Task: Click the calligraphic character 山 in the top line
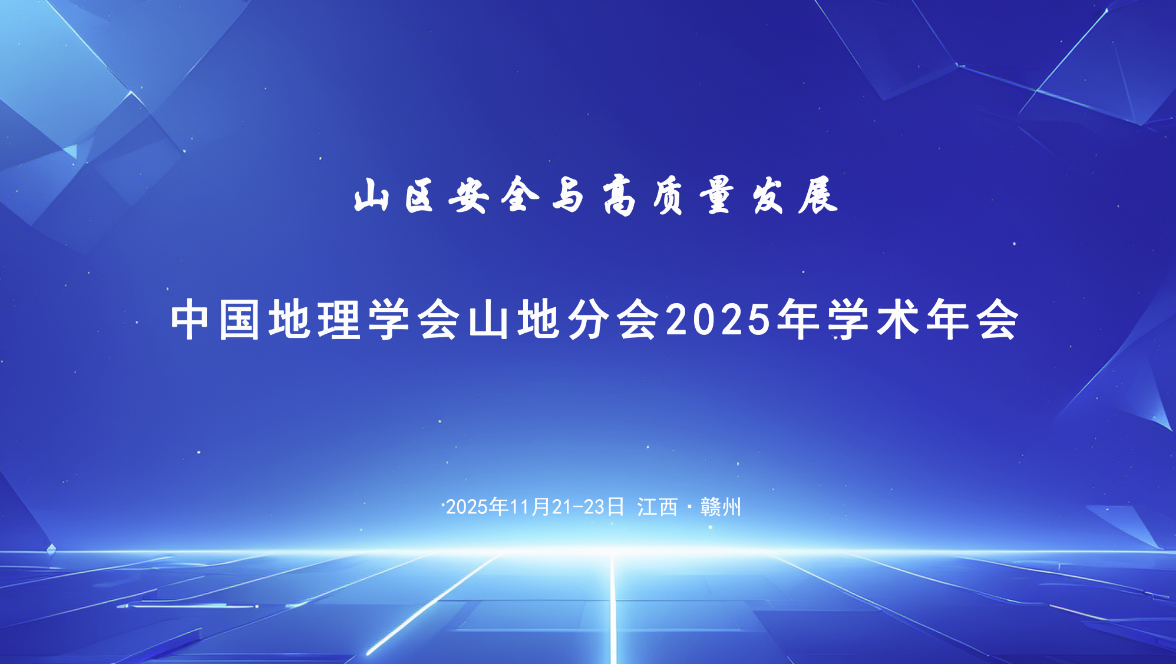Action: [x=371, y=195]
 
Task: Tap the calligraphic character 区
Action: [x=419, y=195]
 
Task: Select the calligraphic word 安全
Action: [x=494, y=195]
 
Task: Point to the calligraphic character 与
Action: [x=567, y=195]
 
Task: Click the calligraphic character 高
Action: [x=619, y=195]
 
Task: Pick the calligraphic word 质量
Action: [x=693, y=195]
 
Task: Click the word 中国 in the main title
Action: [x=215, y=320]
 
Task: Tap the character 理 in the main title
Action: [x=339, y=320]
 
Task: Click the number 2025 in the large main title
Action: [x=719, y=320]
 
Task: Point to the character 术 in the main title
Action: [x=898, y=320]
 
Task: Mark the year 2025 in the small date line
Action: [x=467, y=507]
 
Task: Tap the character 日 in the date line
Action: [x=616, y=507]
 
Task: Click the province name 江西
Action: [x=657, y=507]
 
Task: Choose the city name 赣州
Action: [x=721, y=507]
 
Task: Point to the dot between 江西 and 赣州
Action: [x=689, y=506]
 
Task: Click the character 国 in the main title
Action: [x=239, y=320]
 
